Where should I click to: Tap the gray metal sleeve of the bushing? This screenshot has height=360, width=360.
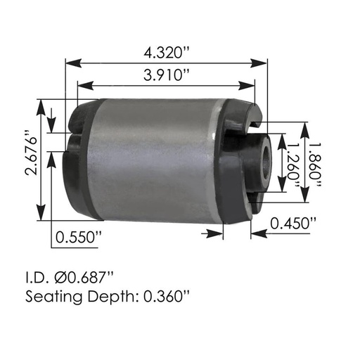click(155, 162)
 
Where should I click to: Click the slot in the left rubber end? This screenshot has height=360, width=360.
click(73, 132)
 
